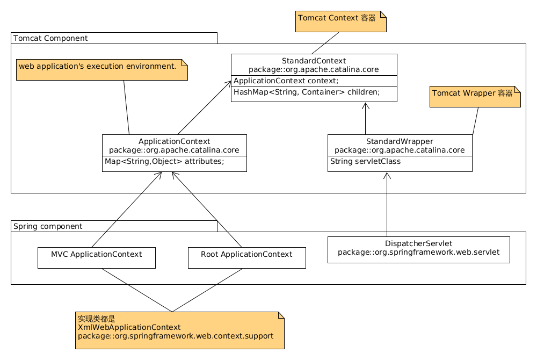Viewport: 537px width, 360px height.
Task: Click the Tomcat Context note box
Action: pos(341,21)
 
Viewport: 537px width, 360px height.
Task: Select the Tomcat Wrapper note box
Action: pos(475,97)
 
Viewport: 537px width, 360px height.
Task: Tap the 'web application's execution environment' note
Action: pos(101,70)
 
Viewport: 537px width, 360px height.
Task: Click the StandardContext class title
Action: pos(314,61)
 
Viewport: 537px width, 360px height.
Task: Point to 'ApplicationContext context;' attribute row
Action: pos(286,81)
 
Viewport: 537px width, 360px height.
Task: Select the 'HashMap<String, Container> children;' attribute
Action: pos(307,92)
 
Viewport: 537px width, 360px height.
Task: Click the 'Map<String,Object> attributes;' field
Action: pos(164,161)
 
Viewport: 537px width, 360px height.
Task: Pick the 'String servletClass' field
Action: pos(365,161)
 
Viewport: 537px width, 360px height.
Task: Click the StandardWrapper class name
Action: pos(400,141)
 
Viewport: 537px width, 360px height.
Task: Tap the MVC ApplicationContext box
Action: pos(97,258)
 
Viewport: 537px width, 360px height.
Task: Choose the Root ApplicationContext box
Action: pos(247,258)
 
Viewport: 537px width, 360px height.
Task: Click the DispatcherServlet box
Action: pos(418,250)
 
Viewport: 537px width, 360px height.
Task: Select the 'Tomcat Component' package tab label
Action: pos(50,38)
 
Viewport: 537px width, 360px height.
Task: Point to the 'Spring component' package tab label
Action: pos(48,226)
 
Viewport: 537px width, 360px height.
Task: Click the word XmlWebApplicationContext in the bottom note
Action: pos(129,327)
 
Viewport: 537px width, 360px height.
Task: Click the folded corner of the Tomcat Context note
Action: pos(383,14)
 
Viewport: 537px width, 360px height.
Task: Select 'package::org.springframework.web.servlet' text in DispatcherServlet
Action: pos(418,253)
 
